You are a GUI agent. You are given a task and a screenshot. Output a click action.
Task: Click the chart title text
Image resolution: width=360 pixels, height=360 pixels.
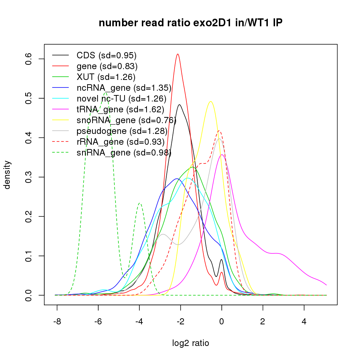(x=191, y=23)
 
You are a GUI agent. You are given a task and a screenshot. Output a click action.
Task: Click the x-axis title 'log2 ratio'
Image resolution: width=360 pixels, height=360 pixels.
(x=191, y=343)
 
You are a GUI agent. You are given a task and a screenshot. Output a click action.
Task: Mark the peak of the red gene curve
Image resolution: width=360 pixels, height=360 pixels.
(x=178, y=54)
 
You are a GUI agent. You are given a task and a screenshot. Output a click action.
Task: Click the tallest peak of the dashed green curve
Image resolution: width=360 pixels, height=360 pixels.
(x=106, y=93)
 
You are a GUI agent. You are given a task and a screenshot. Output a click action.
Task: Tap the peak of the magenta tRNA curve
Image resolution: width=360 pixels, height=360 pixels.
(x=222, y=155)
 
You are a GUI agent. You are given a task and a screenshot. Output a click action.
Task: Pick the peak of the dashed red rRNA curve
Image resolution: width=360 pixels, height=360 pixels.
(x=219, y=131)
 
